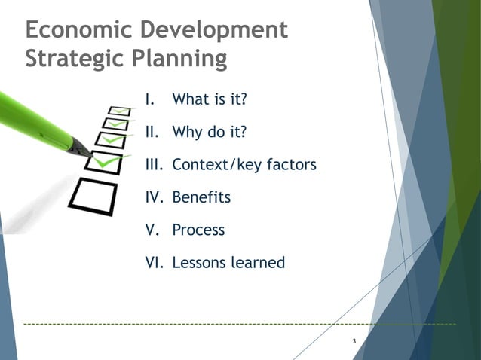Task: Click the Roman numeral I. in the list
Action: (150, 99)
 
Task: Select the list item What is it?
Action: (210, 99)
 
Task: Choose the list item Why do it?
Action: (210, 133)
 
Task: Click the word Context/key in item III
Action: (215, 165)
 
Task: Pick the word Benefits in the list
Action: (201, 198)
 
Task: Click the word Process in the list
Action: (198, 230)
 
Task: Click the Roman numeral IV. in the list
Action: (154, 198)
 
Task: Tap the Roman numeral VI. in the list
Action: (154, 263)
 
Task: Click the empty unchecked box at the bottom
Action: (92, 197)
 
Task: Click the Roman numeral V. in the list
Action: (152, 230)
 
